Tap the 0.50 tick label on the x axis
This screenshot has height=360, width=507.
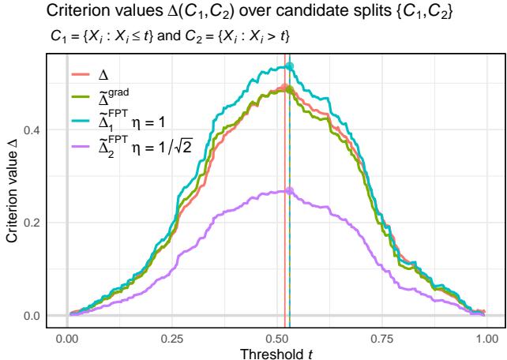[x=276, y=338]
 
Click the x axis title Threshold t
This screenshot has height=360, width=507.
[x=276, y=352]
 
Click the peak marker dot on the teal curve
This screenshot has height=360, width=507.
[x=290, y=66]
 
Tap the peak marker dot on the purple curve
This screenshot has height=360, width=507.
[x=290, y=190]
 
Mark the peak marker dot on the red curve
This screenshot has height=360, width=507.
[x=285, y=88]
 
